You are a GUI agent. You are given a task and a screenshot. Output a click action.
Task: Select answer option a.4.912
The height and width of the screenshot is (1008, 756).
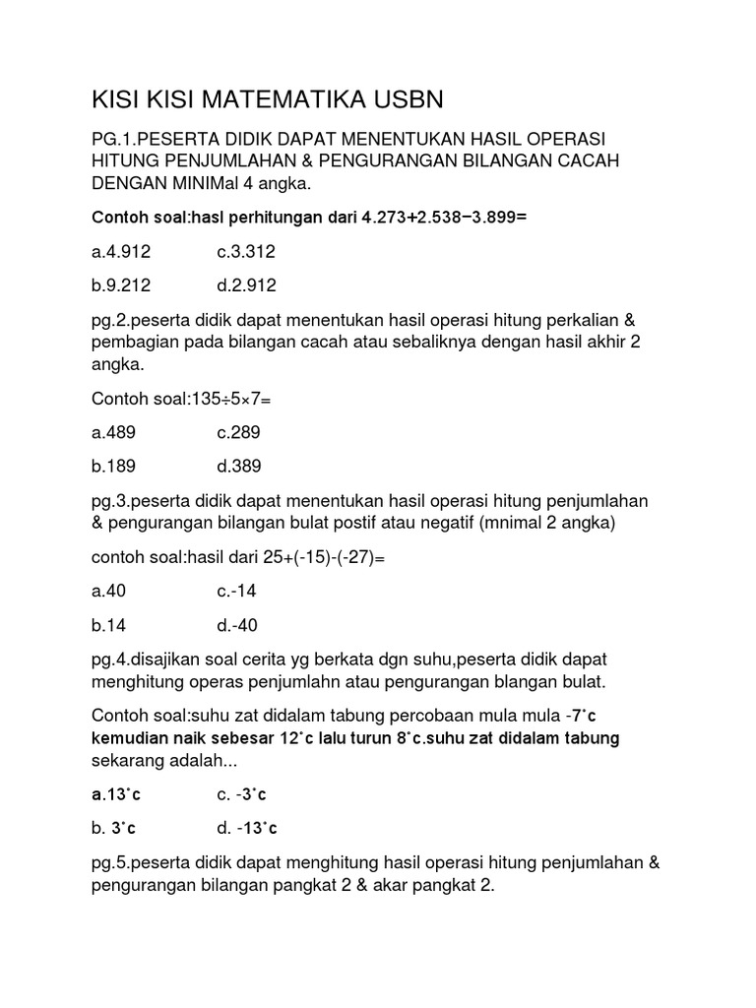(122, 252)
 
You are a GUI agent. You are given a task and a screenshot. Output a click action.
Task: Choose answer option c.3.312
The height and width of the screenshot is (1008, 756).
(246, 252)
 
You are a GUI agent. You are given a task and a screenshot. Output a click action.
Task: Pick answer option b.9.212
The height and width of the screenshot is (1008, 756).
(122, 285)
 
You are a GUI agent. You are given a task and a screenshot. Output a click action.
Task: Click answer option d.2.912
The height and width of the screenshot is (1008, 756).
(246, 285)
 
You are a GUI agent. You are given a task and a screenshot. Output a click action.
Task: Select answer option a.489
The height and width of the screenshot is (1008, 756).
(114, 432)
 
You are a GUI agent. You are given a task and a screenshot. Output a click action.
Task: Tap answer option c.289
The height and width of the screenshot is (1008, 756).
(239, 432)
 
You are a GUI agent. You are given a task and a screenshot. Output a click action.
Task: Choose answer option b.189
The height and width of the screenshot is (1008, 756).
(114, 466)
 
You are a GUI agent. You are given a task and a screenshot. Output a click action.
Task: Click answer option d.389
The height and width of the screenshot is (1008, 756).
(239, 466)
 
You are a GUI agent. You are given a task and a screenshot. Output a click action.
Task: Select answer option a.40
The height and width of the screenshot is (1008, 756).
(110, 592)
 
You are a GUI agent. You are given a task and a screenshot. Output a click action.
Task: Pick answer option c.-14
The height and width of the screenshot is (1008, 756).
(237, 592)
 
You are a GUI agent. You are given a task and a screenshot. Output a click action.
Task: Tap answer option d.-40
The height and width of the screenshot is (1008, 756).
(237, 625)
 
